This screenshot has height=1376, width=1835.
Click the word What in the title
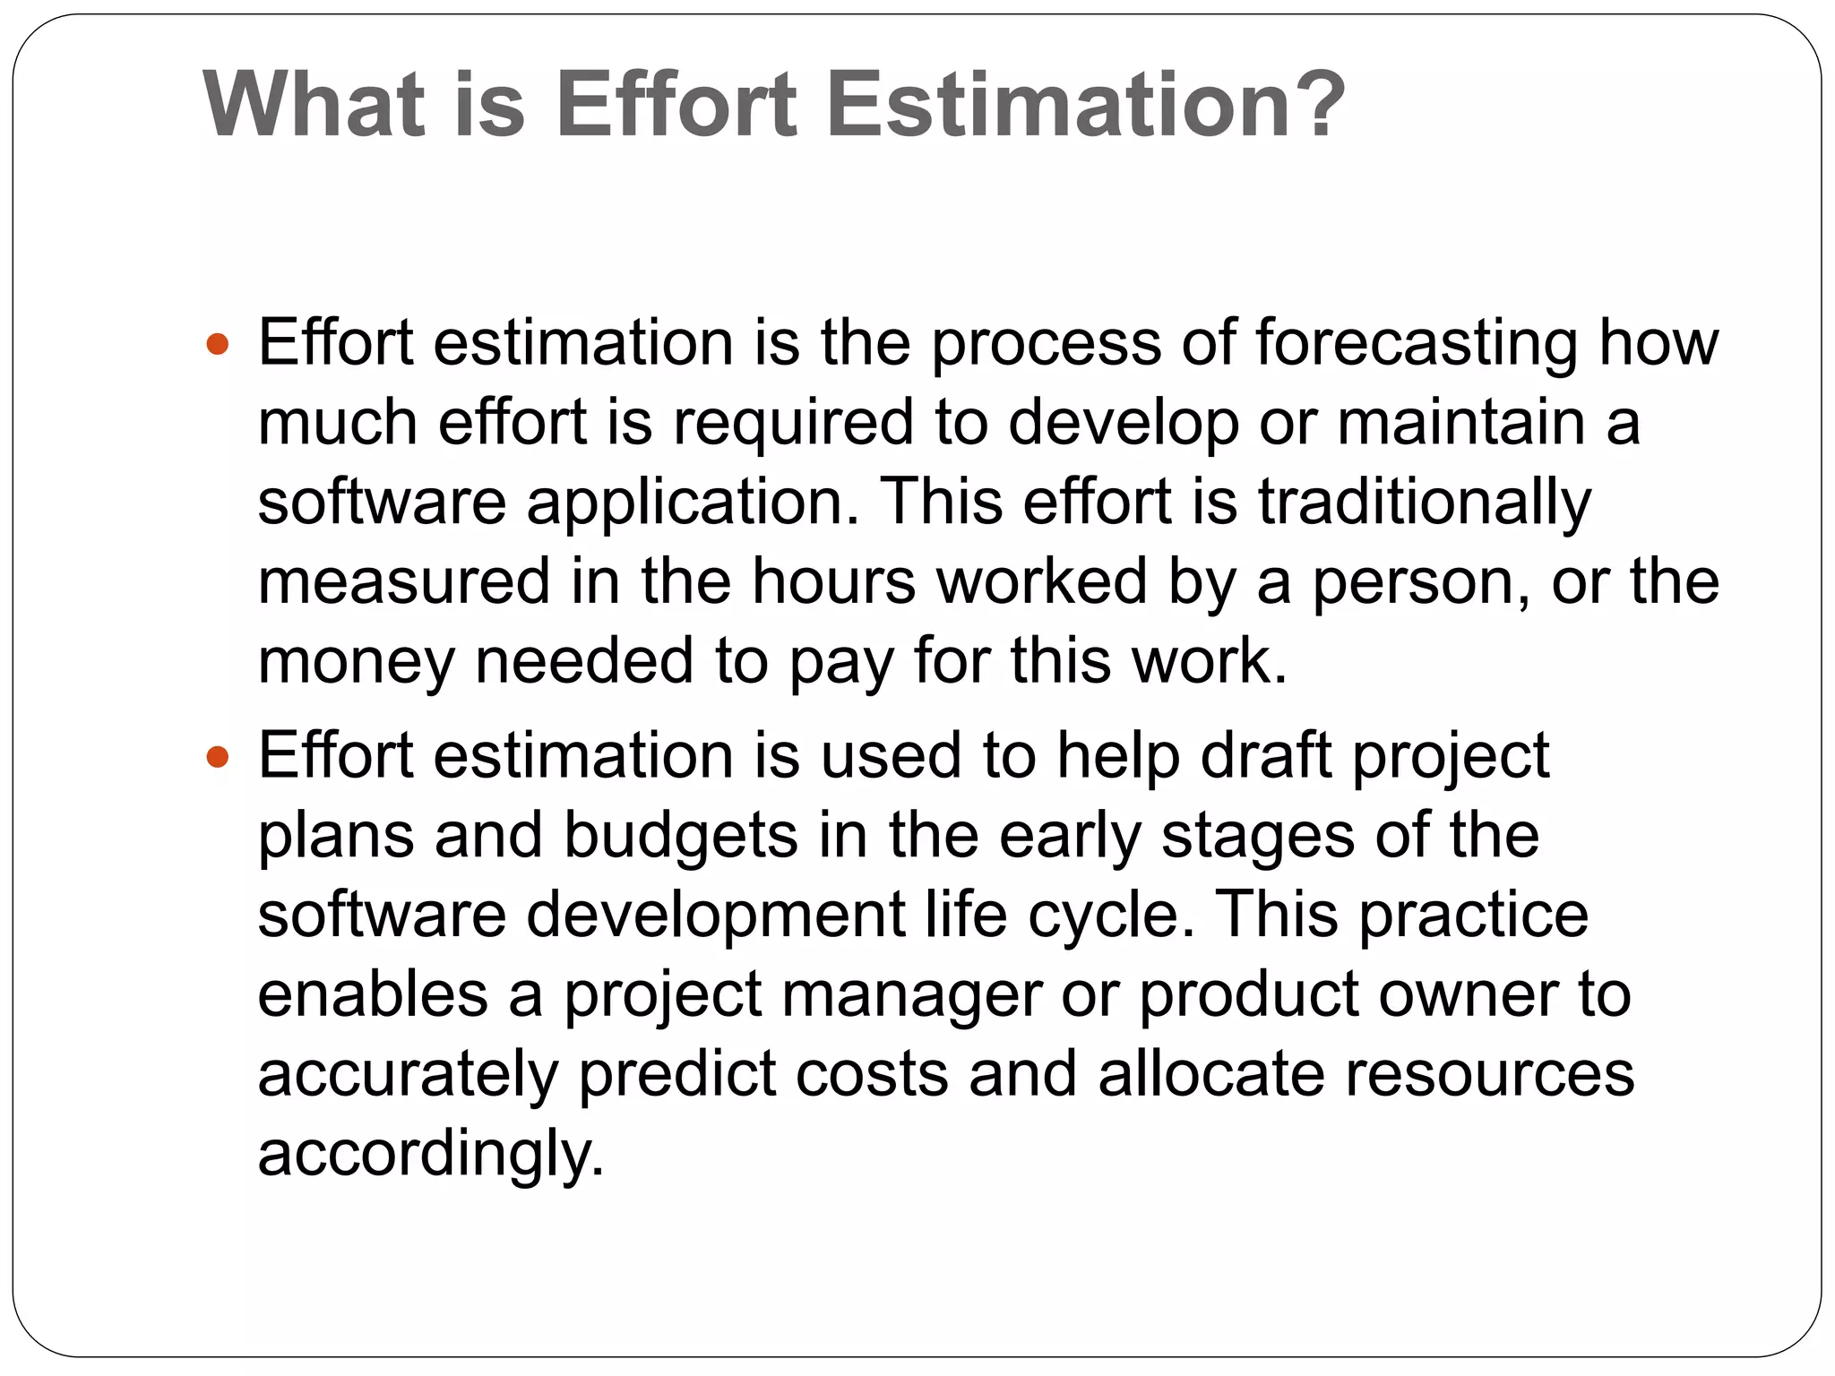click(314, 105)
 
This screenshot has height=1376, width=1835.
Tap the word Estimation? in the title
click(1086, 105)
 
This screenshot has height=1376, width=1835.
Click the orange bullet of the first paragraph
click(218, 344)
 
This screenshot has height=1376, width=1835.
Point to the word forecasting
click(1416, 344)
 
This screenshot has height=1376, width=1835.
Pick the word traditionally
click(1425, 502)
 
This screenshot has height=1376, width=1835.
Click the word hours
click(833, 581)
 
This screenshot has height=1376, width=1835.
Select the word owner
click(1468, 995)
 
